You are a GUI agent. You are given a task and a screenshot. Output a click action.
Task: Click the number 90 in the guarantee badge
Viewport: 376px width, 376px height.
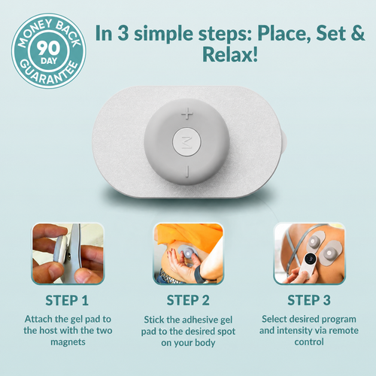point(49,48)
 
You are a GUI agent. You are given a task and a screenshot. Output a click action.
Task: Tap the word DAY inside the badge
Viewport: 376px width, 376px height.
point(49,61)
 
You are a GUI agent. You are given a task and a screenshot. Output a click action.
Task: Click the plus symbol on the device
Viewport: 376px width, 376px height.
point(187,114)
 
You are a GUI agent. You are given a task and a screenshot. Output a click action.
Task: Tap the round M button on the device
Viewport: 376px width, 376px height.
point(186,142)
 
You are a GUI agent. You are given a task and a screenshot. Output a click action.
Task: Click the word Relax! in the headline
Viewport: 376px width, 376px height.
point(230,54)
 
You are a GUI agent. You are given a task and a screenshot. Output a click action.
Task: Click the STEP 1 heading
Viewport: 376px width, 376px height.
point(67,300)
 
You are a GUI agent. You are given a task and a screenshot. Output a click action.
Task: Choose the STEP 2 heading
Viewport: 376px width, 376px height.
point(188,300)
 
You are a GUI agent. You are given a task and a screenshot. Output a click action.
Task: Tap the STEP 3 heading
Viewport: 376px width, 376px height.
point(309,300)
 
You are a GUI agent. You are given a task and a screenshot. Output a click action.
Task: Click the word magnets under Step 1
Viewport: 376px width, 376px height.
point(68,342)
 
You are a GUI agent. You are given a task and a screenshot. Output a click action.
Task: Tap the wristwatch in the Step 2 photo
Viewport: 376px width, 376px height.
point(199,274)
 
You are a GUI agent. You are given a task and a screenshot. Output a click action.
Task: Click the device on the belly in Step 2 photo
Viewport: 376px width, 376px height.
point(187,253)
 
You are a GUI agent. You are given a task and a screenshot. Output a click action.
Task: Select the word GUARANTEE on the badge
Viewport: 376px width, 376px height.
point(48,73)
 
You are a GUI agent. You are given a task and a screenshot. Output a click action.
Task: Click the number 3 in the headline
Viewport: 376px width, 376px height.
point(123,33)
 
